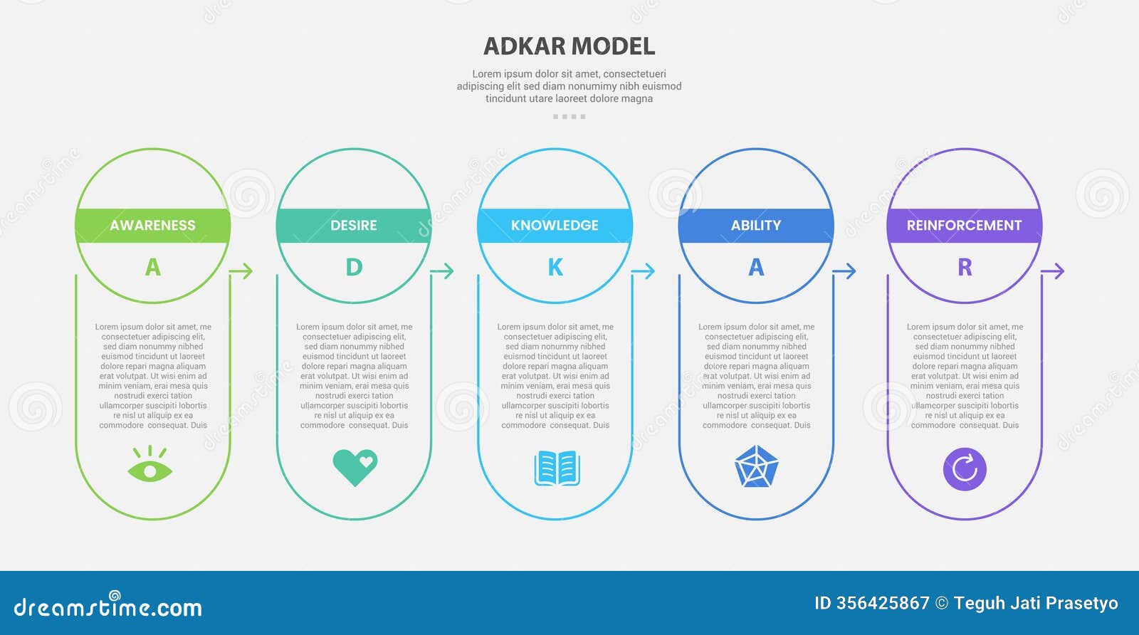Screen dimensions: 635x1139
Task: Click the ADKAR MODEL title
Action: pos(569,46)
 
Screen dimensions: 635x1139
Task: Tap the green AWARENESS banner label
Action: pos(152,226)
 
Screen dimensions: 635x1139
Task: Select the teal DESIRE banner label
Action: pos(354,226)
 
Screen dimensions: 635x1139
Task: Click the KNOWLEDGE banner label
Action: pos(555,226)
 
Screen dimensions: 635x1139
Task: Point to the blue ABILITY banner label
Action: pos(756,226)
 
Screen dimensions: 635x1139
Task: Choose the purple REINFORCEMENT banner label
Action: pos(964,226)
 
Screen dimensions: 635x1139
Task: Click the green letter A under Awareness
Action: pos(152,268)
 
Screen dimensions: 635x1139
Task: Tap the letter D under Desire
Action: pos(354,268)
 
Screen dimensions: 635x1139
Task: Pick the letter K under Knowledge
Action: pos(555,268)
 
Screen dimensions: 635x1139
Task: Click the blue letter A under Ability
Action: pos(756,268)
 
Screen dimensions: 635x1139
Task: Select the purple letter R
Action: pos(965,268)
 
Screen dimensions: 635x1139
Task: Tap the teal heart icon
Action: pos(355,467)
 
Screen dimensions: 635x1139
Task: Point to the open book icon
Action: pos(557,468)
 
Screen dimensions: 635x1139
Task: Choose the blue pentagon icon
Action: pos(756,468)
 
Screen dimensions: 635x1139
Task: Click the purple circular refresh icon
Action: pos(965,469)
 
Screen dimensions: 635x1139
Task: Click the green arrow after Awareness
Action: pos(242,271)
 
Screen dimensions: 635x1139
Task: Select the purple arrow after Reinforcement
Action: pos(1053,271)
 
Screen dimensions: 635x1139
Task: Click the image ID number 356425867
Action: pos(883,604)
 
